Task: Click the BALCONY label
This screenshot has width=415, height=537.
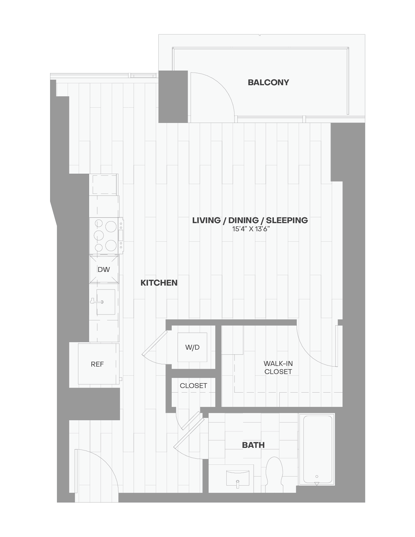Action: (268, 82)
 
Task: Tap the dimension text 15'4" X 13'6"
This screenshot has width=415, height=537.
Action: (251, 229)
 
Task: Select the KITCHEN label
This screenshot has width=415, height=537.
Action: (159, 283)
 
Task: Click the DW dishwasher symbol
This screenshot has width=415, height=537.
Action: (104, 269)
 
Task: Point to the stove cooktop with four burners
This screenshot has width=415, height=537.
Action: (105, 235)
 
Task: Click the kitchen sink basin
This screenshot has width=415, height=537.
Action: (106, 302)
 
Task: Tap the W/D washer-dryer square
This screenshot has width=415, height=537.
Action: (192, 347)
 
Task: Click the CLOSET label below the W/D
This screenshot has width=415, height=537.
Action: (193, 385)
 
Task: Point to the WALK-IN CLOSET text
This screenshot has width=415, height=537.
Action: (278, 368)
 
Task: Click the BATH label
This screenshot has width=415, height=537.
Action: (253, 445)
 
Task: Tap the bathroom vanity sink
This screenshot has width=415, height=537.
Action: (237, 477)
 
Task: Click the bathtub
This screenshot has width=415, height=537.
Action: (317, 449)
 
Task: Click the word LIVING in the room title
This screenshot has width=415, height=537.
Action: (206, 220)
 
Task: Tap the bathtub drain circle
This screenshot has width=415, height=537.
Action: (317, 477)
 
